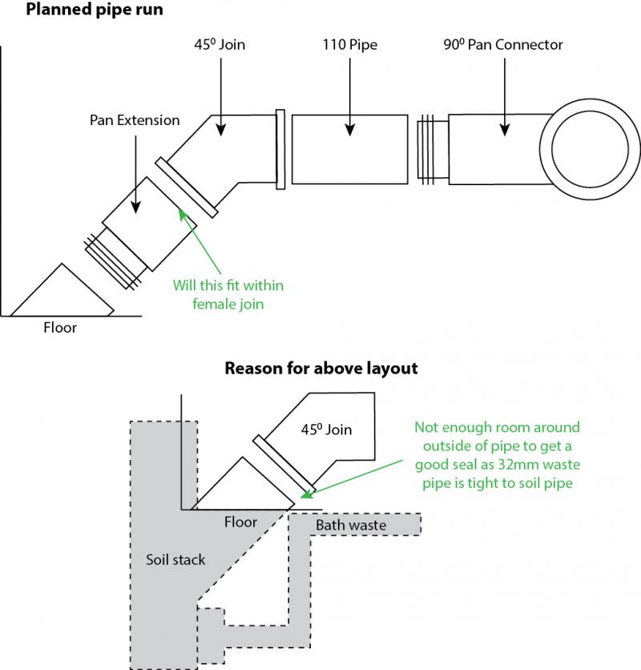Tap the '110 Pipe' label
coord(349,45)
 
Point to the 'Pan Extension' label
coord(134,120)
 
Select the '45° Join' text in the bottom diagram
coord(325,430)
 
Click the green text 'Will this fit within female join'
coord(228,294)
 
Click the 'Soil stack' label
coord(175,559)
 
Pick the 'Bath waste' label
coord(351,525)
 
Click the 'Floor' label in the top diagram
coord(60,327)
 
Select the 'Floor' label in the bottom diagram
coord(240,522)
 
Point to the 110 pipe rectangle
coord(349,149)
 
